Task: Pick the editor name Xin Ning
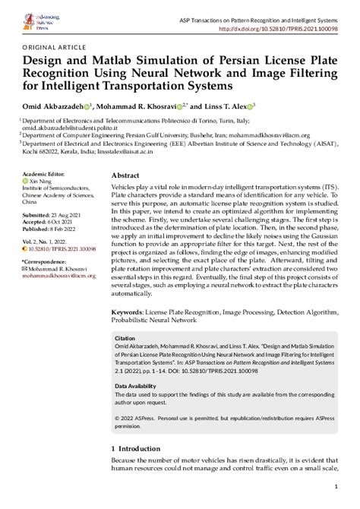click(40, 182)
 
